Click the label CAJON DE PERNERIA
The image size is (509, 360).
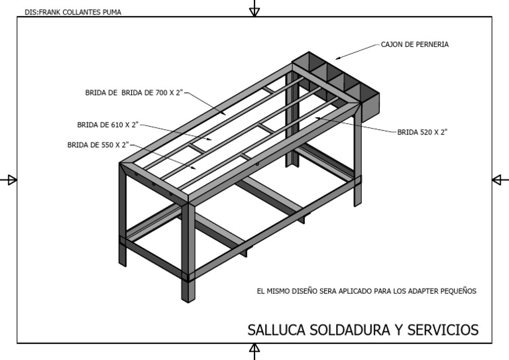(415, 45)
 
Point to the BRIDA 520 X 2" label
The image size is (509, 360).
(422, 133)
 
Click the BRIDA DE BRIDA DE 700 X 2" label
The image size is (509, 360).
(133, 93)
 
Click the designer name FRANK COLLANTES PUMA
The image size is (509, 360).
(80, 12)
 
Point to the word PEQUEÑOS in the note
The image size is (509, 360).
(458, 291)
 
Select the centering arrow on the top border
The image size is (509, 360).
(254, 9)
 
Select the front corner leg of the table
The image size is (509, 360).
(188, 252)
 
